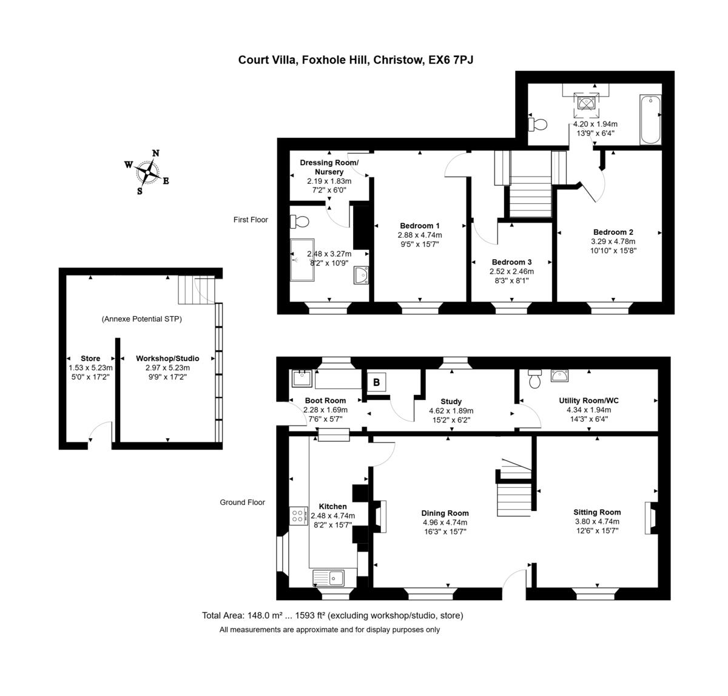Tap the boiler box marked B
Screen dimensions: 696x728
point(377,382)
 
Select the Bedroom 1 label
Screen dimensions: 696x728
point(419,226)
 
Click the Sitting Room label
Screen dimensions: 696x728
point(597,512)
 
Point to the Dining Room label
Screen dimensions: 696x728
point(445,513)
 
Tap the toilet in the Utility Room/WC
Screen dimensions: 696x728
point(534,379)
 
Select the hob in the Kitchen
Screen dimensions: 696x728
point(298,516)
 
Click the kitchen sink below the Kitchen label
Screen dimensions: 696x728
point(328,576)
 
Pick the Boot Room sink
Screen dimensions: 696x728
point(301,379)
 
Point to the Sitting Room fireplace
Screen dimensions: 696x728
point(650,517)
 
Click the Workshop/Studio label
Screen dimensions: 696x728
point(167,359)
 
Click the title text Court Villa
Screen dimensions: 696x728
point(266,59)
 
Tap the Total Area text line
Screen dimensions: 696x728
point(332,615)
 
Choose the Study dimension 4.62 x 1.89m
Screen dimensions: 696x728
point(451,410)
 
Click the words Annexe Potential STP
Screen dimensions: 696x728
point(142,319)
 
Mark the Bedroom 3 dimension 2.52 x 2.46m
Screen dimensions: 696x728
point(512,271)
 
